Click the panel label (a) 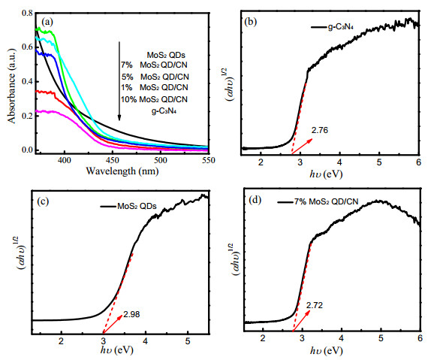(47, 22)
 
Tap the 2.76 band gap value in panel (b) (319, 130)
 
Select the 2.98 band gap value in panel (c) (131, 314)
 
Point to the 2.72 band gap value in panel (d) (315, 305)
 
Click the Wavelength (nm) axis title (122, 171)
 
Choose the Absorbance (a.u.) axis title (12, 86)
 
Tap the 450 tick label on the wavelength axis (113, 160)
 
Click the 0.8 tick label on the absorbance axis (27, 13)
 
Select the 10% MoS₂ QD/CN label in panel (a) (154, 99)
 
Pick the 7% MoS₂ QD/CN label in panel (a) (154, 65)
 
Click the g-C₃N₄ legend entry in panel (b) (332, 27)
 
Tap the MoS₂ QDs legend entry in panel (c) (128, 206)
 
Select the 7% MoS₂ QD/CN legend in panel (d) (318, 201)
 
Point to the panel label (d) (255, 200)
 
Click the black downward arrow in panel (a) (119, 81)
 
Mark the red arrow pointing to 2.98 (113, 324)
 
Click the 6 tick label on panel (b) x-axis (418, 162)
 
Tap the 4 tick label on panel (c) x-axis (146, 341)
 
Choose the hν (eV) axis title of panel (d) (327, 351)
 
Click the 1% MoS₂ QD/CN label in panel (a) (154, 88)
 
